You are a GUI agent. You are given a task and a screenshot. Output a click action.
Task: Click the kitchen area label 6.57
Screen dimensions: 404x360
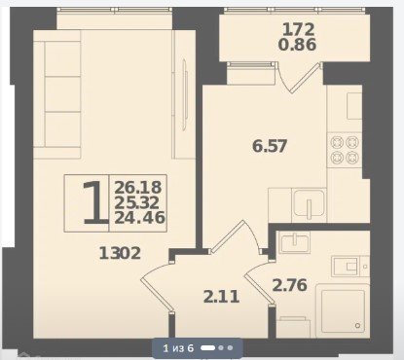point(270,146)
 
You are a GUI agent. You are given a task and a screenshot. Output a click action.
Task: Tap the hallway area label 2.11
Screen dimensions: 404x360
point(222,297)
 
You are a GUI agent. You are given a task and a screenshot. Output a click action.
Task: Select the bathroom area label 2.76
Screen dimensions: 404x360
point(290,285)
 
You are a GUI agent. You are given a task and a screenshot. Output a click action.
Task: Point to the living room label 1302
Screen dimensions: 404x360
point(120,253)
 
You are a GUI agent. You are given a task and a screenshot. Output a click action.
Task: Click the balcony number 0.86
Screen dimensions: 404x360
point(297,45)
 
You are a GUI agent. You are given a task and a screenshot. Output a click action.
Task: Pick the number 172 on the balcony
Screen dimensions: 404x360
point(299,29)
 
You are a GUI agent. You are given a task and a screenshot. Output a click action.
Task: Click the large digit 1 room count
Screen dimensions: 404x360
point(94,203)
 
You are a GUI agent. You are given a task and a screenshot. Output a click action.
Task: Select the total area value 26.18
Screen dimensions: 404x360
point(138,188)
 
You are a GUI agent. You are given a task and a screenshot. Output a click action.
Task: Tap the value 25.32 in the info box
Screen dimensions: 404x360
point(137,202)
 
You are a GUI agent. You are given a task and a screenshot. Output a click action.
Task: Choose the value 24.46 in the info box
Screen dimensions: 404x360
point(140,217)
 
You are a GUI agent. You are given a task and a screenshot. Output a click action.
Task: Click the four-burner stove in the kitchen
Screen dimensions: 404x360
point(345,150)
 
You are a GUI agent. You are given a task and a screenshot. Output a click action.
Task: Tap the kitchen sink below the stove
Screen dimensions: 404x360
point(309,203)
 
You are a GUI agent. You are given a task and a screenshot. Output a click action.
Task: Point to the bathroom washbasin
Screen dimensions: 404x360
point(295,242)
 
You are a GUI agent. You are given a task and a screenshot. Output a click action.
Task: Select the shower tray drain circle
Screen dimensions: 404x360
point(358,325)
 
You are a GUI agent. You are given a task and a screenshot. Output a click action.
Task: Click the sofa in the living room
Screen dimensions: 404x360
point(57,94)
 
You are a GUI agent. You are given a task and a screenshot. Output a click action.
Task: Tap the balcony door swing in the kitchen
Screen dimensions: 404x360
point(300,78)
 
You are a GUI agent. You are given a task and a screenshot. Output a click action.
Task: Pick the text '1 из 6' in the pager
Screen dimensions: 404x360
point(178,348)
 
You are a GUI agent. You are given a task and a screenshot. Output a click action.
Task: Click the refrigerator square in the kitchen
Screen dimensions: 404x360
point(354,106)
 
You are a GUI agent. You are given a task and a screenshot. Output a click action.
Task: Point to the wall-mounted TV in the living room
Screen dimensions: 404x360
point(184,94)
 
